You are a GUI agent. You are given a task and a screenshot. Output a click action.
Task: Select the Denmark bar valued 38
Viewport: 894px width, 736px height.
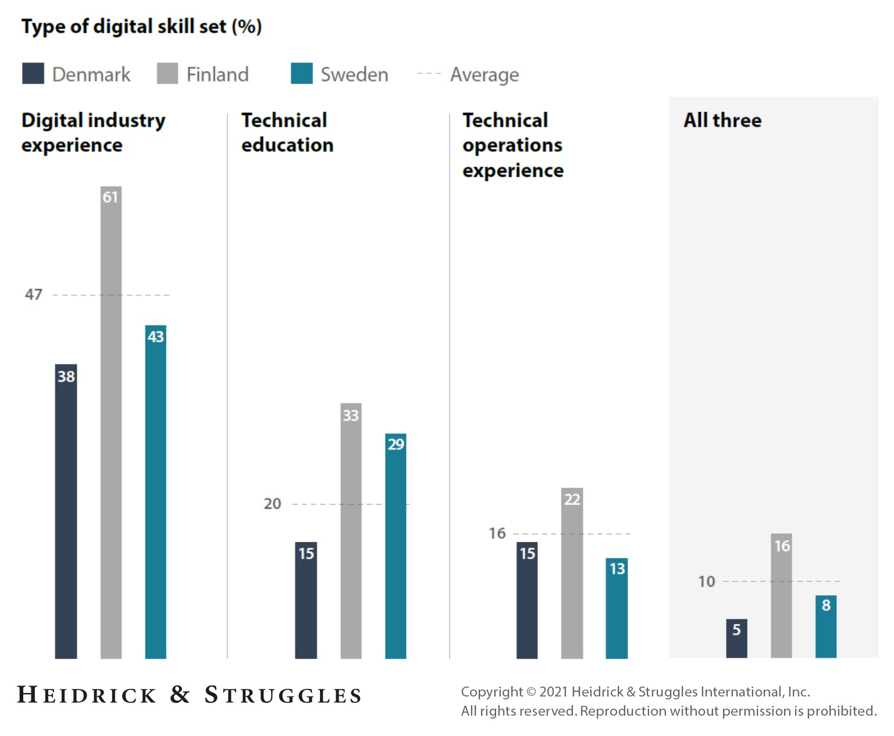[66, 511]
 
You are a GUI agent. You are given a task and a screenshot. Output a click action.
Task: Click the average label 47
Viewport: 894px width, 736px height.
[34, 295]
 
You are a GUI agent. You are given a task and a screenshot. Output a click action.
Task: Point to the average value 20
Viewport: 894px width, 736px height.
[272, 504]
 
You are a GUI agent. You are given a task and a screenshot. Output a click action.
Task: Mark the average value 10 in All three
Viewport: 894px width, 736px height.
[706, 581]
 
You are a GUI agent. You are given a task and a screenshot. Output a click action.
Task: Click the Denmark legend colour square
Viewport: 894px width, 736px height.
[33, 74]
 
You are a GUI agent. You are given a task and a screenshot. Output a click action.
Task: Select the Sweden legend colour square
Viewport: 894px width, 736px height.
[301, 74]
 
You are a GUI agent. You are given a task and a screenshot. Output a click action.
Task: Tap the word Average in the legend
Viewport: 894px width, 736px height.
[484, 75]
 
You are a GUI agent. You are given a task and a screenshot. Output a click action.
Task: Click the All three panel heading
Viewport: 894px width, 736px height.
[722, 120]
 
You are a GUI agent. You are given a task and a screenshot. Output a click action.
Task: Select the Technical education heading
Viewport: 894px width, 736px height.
[287, 133]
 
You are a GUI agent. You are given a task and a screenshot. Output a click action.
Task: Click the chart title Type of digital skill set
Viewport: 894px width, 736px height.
[141, 27]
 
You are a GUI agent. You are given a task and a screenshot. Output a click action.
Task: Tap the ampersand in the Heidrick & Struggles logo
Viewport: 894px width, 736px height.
[180, 695]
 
